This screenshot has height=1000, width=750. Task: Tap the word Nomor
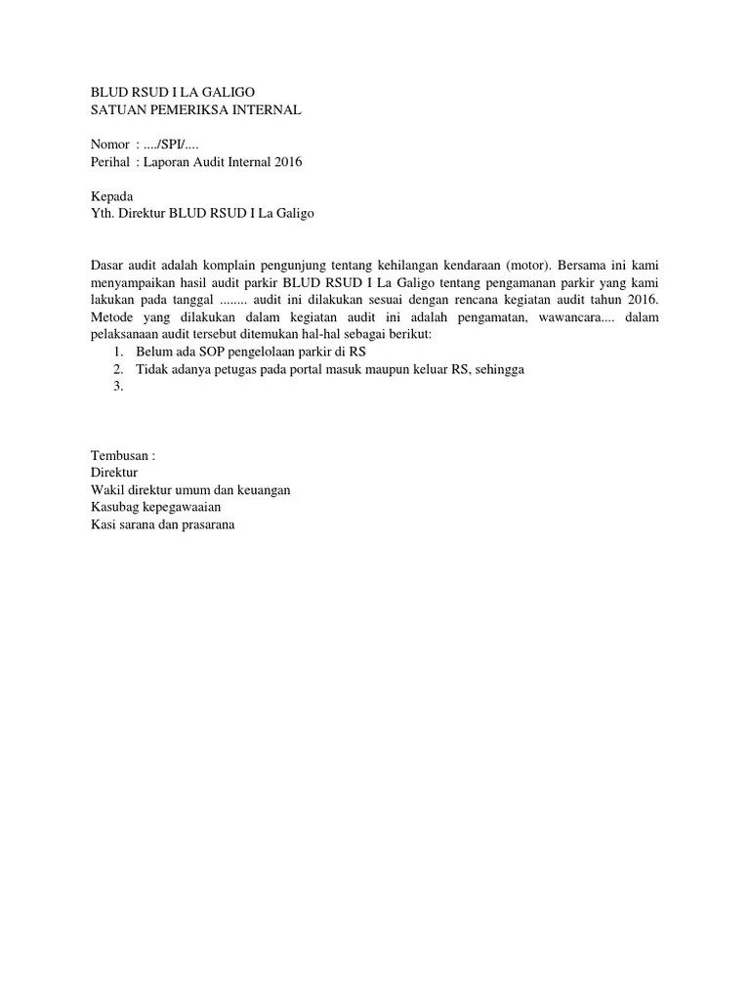(108, 145)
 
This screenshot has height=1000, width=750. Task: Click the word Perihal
(109, 162)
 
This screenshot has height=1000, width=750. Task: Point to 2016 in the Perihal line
(288, 162)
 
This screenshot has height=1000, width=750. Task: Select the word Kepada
(111, 196)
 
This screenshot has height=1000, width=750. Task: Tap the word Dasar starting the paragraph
(108, 265)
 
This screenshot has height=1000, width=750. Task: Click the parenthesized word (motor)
(524, 265)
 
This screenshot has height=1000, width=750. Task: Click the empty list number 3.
(117, 386)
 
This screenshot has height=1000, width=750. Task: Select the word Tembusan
(119, 455)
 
